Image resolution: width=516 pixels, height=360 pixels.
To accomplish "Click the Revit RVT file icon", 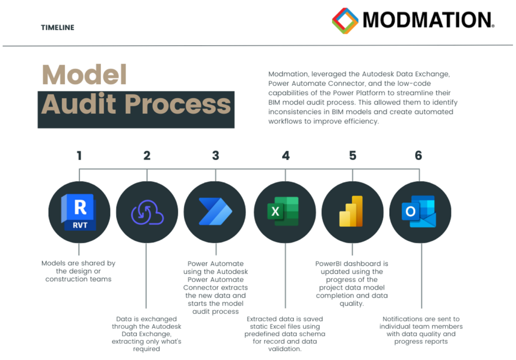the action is (79, 212).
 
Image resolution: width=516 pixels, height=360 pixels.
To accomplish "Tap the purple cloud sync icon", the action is (147, 212).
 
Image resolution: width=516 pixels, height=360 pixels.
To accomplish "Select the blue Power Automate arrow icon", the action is (216, 211).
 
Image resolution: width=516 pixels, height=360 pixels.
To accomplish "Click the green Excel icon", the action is (283, 211).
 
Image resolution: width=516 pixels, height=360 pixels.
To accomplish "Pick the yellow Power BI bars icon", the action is (351, 211).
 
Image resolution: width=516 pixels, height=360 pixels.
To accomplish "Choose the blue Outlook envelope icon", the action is (419, 211).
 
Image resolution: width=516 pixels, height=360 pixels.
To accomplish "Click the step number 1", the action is (79, 156).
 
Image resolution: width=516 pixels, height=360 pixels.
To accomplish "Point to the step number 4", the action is (286, 156).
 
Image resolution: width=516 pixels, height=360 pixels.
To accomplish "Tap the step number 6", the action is (418, 156).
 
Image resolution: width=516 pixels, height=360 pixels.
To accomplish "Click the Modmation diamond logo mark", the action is (345, 21).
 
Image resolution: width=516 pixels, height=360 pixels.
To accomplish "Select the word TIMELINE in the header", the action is (57, 28).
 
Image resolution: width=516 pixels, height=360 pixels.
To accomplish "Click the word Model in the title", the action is (84, 75).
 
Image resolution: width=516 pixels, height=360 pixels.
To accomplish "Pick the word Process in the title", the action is (178, 104).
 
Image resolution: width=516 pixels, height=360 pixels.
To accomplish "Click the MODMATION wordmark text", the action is (428, 20).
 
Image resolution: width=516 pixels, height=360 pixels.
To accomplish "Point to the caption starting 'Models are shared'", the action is (78, 271).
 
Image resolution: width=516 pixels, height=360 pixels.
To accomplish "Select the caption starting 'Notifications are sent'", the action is (421, 330).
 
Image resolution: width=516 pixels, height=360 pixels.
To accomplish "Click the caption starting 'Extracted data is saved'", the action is (285, 334).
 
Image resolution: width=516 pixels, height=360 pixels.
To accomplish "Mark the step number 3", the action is (216, 156).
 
